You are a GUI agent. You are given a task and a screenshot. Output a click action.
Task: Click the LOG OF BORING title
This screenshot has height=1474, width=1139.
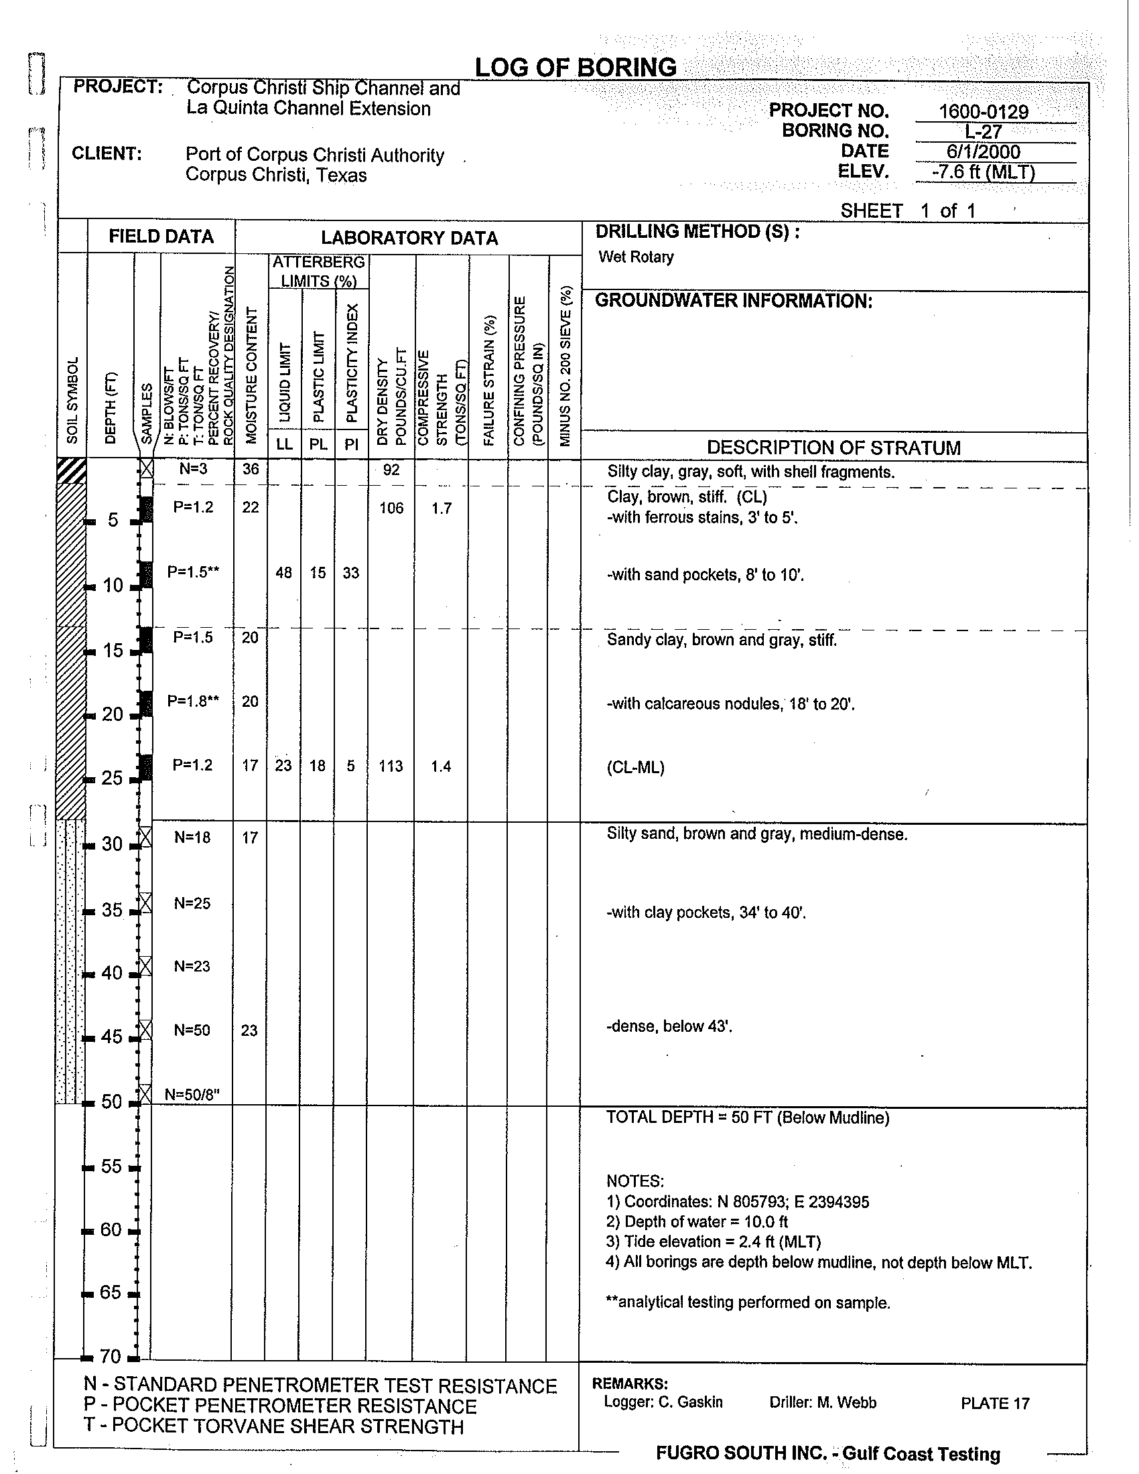click(576, 68)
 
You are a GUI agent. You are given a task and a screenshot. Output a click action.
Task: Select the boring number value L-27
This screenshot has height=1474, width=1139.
click(983, 132)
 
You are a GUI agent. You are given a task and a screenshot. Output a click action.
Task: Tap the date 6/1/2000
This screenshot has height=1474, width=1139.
click(984, 153)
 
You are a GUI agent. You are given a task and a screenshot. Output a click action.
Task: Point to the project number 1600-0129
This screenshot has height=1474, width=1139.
click(983, 111)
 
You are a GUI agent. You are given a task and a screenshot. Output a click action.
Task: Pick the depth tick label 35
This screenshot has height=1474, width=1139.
click(112, 910)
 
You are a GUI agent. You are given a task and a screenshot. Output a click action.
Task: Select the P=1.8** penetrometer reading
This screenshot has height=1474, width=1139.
click(193, 701)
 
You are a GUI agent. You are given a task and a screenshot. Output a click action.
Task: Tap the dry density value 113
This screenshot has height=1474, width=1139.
click(391, 766)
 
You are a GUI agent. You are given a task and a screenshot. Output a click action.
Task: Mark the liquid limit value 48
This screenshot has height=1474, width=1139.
click(284, 573)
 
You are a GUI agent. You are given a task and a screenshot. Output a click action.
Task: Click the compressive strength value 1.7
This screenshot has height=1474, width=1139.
click(442, 509)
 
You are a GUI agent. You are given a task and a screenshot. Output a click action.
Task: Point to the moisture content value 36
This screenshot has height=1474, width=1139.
click(251, 469)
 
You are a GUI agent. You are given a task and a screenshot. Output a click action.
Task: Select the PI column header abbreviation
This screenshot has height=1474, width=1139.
click(351, 445)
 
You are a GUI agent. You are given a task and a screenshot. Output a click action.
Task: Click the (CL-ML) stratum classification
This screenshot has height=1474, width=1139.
click(635, 767)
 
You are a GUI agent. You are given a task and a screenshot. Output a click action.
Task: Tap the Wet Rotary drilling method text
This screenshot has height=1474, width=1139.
click(636, 257)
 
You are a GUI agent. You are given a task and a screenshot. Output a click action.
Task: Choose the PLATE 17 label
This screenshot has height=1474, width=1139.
click(995, 1404)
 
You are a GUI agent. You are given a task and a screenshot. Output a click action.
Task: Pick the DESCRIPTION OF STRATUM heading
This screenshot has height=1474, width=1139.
click(833, 448)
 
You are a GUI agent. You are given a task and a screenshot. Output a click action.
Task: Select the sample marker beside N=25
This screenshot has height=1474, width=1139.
click(145, 902)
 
